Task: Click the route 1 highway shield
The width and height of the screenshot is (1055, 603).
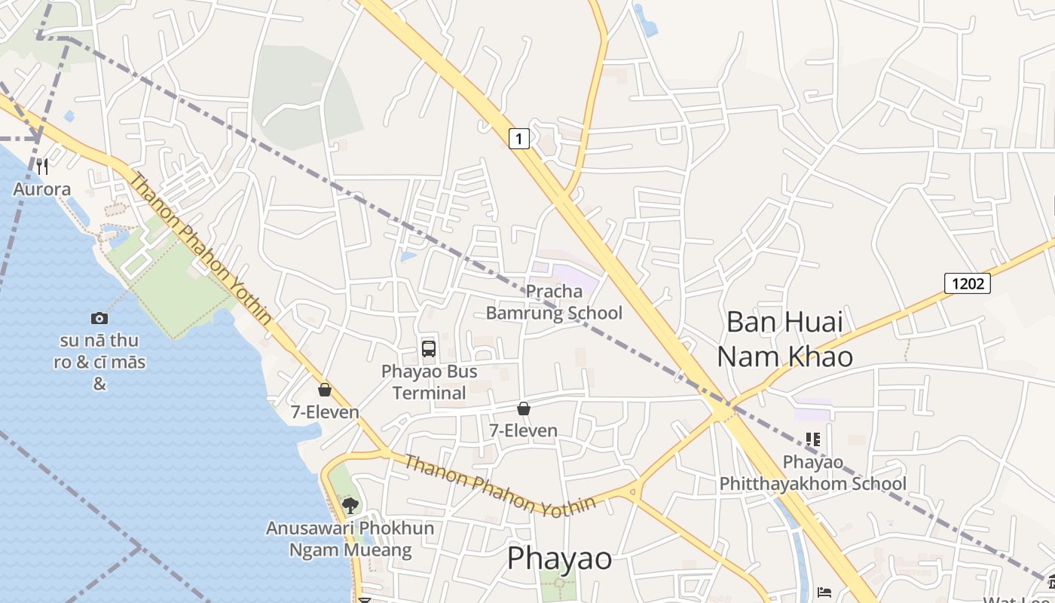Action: (519, 139)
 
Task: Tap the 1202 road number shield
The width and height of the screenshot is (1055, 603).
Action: (967, 283)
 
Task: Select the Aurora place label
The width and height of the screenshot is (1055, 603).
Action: (42, 189)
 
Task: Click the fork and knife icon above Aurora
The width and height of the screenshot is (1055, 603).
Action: (42, 166)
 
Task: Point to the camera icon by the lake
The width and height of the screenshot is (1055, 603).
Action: (99, 318)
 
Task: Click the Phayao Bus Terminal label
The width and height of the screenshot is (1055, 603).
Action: (429, 381)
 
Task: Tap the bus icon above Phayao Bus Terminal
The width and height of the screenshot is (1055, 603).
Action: (429, 348)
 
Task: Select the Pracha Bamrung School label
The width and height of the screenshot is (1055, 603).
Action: (554, 301)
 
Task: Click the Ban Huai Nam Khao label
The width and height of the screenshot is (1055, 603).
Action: (784, 338)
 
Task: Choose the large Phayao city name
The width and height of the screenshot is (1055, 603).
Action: (559, 559)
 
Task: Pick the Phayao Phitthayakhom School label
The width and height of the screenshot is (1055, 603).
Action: (813, 472)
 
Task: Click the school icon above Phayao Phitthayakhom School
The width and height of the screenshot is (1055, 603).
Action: (812, 439)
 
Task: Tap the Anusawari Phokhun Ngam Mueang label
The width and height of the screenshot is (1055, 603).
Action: (350, 539)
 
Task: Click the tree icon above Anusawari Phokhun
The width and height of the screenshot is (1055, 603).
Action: (350, 505)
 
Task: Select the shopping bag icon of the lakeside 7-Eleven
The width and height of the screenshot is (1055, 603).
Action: (325, 390)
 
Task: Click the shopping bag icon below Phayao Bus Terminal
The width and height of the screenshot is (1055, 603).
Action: (524, 409)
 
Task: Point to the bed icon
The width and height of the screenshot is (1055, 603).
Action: (824, 592)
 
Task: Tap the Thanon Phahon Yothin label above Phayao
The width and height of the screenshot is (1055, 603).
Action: (500, 485)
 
